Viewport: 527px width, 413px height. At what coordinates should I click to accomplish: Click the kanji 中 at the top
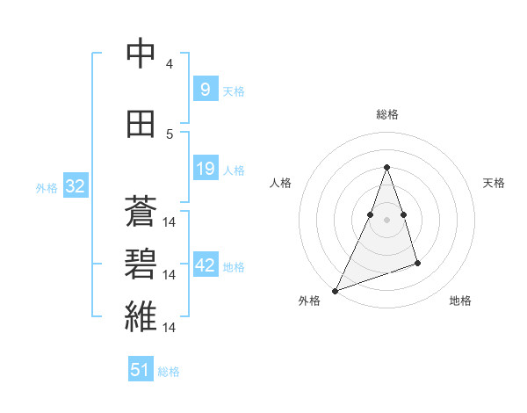coord(141,54)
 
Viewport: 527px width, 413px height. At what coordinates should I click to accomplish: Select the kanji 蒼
coord(141,214)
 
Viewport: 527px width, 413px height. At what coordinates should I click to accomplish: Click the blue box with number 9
coord(205,89)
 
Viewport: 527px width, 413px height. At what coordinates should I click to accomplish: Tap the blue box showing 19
coord(205,169)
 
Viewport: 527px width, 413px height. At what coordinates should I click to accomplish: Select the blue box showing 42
coord(205,265)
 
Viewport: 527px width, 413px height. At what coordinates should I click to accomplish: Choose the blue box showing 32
coord(75,186)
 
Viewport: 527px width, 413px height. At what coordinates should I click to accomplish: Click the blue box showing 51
coord(141,370)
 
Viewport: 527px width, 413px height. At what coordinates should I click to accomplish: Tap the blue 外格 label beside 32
coord(47,187)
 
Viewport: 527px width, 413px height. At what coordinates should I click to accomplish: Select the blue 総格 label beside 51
coord(169,372)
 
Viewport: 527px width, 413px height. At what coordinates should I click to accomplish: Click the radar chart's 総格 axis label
coord(386,114)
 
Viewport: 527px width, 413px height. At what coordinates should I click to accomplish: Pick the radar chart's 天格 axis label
coord(495,183)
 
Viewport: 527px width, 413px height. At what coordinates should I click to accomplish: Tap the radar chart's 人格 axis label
coord(280,183)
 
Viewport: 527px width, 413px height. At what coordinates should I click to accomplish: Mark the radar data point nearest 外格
coord(335,290)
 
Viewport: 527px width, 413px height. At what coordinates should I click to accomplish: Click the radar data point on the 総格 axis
coord(386,167)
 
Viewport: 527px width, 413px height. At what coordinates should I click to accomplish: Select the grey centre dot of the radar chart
coord(386,220)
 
